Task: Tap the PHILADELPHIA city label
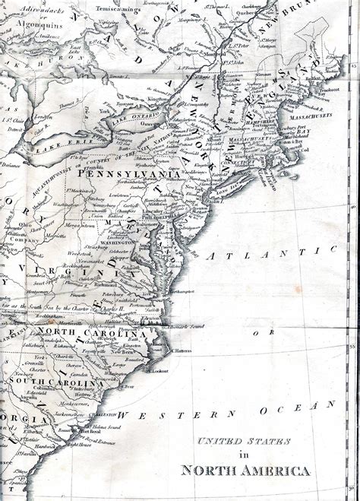point(155,214)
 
